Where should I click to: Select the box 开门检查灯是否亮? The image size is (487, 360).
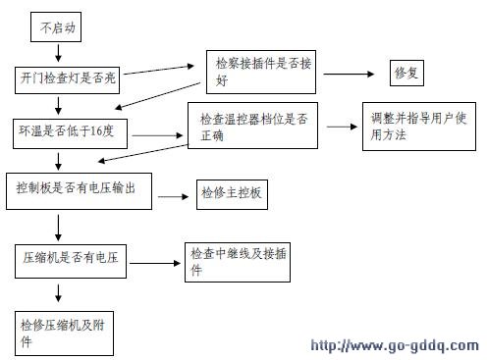pyautogui.click(x=67, y=77)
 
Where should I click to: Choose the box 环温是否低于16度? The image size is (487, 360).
pyautogui.click(x=69, y=129)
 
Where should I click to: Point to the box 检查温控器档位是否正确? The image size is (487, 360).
pyautogui.click(x=252, y=127)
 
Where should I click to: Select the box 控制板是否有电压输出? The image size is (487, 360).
pyautogui.click(x=82, y=189)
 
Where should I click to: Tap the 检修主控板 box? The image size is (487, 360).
pyautogui.click(x=232, y=193)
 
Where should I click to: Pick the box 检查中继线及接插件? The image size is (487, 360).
pyautogui.click(x=236, y=261)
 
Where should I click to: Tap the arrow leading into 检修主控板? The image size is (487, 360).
pyautogui.click(x=174, y=196)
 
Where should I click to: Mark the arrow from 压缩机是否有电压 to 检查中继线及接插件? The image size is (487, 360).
pyautogui.click(x=154, y=262)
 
